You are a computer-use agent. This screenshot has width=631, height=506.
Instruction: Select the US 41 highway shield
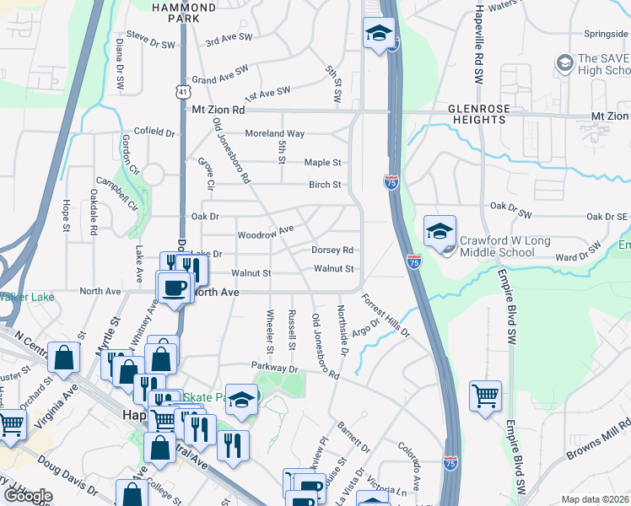click(182, 90)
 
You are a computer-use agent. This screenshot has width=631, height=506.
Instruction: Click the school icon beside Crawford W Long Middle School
click(440, 231)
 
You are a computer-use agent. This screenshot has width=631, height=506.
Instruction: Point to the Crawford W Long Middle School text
click(504, 245)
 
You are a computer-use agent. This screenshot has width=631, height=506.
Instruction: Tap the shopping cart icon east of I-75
click(485, 396)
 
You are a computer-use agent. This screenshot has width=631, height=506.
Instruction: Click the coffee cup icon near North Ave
click(175, 287)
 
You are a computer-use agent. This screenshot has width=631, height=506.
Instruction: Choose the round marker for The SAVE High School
click(564, 62)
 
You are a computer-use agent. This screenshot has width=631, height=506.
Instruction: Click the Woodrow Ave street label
click(266, 231)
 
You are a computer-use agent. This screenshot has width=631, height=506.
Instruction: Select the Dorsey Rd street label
click(332, 250)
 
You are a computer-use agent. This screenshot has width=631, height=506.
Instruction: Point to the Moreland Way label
click(274, 133)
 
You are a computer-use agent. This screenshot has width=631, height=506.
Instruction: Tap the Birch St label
click(325, 185)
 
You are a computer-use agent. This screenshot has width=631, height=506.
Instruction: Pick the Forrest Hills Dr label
click(386, 314)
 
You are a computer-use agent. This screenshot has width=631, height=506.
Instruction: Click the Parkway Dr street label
click(275, 369)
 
